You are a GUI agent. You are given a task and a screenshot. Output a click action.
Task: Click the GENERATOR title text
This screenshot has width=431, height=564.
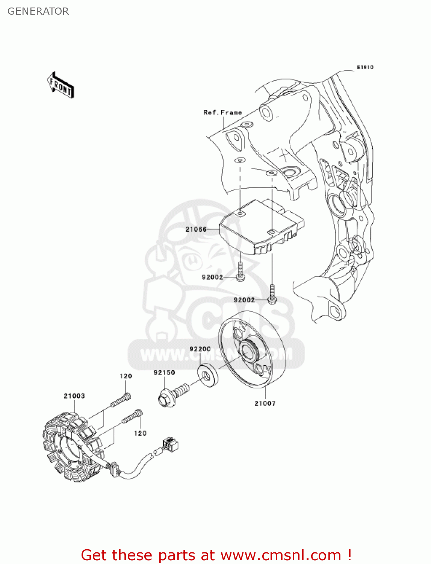click(x=38, y=11)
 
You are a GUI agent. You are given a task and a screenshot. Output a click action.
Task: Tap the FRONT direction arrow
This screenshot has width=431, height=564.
click(x=60, y=85)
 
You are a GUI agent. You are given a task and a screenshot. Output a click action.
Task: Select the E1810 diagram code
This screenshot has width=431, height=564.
click(x=365, y=67)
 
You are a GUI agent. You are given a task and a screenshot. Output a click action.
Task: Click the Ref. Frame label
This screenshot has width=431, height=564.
click(x=222, y=112)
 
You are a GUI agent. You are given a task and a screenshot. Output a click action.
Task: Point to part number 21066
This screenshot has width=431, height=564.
click(x=196, y=229)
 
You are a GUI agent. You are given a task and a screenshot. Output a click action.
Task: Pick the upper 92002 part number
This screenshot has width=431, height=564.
click(x=212, y=277)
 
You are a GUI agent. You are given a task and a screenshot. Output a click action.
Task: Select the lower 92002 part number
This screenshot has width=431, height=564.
click(x=244, y=300)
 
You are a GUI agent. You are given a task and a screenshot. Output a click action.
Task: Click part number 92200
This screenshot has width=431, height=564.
click(x=200, y=349)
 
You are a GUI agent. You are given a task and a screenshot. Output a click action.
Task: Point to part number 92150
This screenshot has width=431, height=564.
click(x=164, y=373)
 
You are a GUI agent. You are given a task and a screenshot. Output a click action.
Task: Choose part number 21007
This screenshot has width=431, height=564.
click(x=265, y=403)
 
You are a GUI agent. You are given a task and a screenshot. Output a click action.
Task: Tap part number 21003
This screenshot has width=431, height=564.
click(x=74, y=396)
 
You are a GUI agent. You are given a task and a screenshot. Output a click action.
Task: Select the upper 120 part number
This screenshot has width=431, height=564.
click(x=126, y=376)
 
